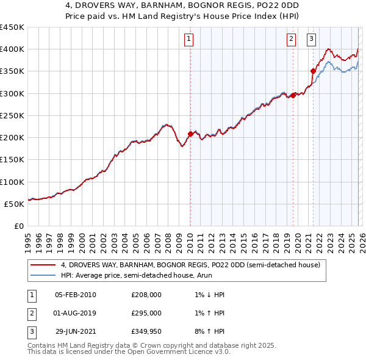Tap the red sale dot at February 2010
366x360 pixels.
(190, 134)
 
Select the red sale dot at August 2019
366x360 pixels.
(293, 95)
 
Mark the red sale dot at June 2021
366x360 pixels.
(314, 71)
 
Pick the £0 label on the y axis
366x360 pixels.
(18, 226)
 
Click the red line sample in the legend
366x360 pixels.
(43, 265)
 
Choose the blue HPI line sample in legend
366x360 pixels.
(43, 275)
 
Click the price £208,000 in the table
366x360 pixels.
(146, 295)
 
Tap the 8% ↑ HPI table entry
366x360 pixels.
(207, 331)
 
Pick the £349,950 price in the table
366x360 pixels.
(146, 331)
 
